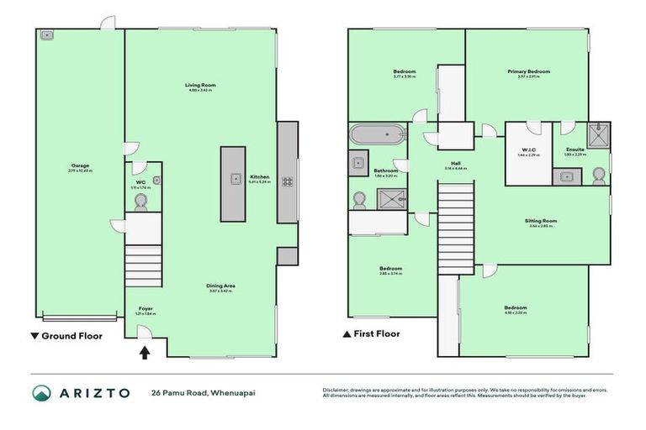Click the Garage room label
[81, 165]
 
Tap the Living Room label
[201, 86]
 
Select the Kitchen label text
[259, 177]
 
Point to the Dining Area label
[220, 286]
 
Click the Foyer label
[146, 310]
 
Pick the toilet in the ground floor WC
[141, 200]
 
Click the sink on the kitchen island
[233, 178]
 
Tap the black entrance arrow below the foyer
[145, 353]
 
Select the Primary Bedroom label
[528, 72]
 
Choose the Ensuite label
[575, 149]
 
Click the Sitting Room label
[543, 221]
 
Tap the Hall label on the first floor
[455, 163]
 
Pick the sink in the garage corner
[46, 35]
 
